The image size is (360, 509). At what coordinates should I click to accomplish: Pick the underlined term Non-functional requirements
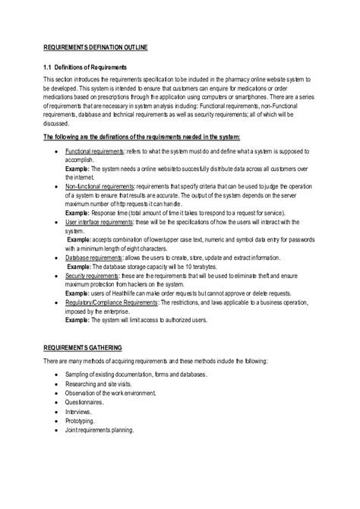(x=104, y=185)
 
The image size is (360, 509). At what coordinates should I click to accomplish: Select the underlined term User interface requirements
(x=106, y=222)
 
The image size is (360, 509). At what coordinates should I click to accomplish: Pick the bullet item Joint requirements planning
(x=99, y=430)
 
